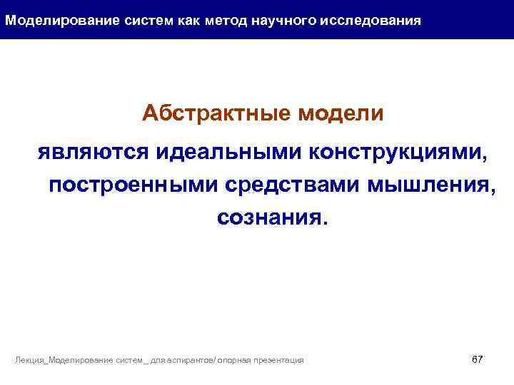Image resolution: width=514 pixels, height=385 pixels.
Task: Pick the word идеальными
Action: tap(217, 151)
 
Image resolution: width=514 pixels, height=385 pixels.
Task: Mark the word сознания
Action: tap(274, 218)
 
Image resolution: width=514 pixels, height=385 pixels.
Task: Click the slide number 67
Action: tap(478, 359)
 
